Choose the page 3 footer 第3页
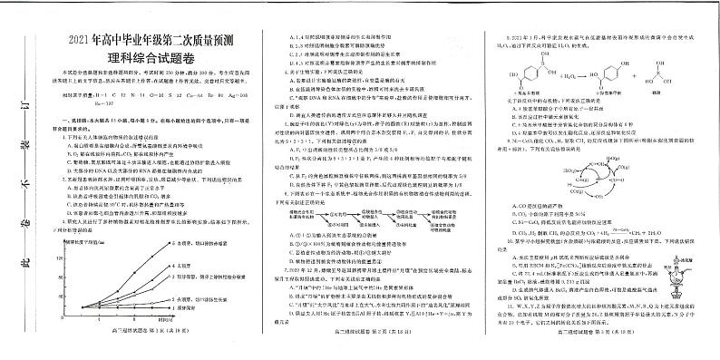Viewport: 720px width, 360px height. [x=603, y=352]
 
